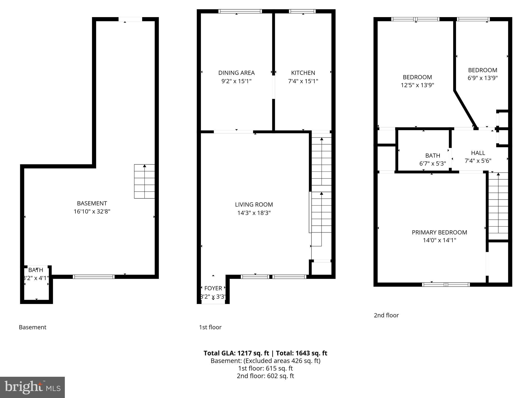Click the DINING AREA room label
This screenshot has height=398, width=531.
[236, 73]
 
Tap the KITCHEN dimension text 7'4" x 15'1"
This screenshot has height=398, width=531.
[303, 81]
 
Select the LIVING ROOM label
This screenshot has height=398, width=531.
[254, 204]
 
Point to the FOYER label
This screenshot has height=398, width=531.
[213, 288]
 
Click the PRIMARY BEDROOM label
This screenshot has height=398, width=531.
[439, 232]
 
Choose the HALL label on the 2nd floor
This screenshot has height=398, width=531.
[478, 153]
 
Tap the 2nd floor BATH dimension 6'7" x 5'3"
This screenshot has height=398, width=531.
[432, 164]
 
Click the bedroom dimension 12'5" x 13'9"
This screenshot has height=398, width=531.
[417, 85]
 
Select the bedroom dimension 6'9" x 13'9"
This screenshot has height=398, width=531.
[482, 78]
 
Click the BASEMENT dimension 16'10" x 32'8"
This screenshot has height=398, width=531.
[92, 211]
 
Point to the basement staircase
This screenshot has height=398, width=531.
[144, 181]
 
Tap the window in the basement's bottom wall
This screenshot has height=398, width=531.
[94, 277]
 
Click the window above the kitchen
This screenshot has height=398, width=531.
[302, 11]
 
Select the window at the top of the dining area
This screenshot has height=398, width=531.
[240, 11]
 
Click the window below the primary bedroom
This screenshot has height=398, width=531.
[446, 285]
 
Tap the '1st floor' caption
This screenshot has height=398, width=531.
[210, 327]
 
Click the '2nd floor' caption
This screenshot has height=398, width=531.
[386, 315]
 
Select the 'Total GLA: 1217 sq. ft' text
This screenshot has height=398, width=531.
[237, 353]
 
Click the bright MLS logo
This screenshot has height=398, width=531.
[32, 387]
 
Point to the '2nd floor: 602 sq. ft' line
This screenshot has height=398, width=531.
[265, 376]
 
